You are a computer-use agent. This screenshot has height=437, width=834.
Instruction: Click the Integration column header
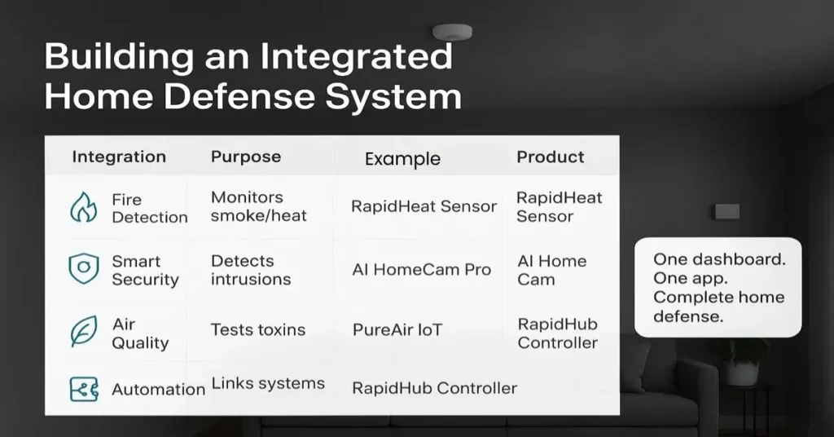119,157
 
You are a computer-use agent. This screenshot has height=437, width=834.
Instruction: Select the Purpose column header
246,157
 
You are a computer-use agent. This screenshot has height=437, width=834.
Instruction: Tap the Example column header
402,159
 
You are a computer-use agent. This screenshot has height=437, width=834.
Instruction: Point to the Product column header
551,157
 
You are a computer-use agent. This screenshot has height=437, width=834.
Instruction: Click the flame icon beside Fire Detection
83,208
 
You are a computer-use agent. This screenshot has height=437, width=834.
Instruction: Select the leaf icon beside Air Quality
83,333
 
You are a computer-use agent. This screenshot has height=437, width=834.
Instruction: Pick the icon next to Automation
83,389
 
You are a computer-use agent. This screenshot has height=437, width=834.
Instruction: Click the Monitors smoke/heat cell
258,206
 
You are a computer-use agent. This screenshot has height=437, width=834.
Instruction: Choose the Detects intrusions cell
250,270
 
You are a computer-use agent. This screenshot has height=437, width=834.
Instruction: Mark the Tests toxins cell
257,330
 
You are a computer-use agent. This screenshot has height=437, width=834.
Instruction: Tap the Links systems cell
268,383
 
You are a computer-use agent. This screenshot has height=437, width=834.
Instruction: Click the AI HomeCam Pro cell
421,270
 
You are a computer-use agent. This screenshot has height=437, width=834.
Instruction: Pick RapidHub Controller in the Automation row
434,388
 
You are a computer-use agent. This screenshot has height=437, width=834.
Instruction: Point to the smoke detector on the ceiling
452,32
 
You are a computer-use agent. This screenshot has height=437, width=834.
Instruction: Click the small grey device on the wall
726,211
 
